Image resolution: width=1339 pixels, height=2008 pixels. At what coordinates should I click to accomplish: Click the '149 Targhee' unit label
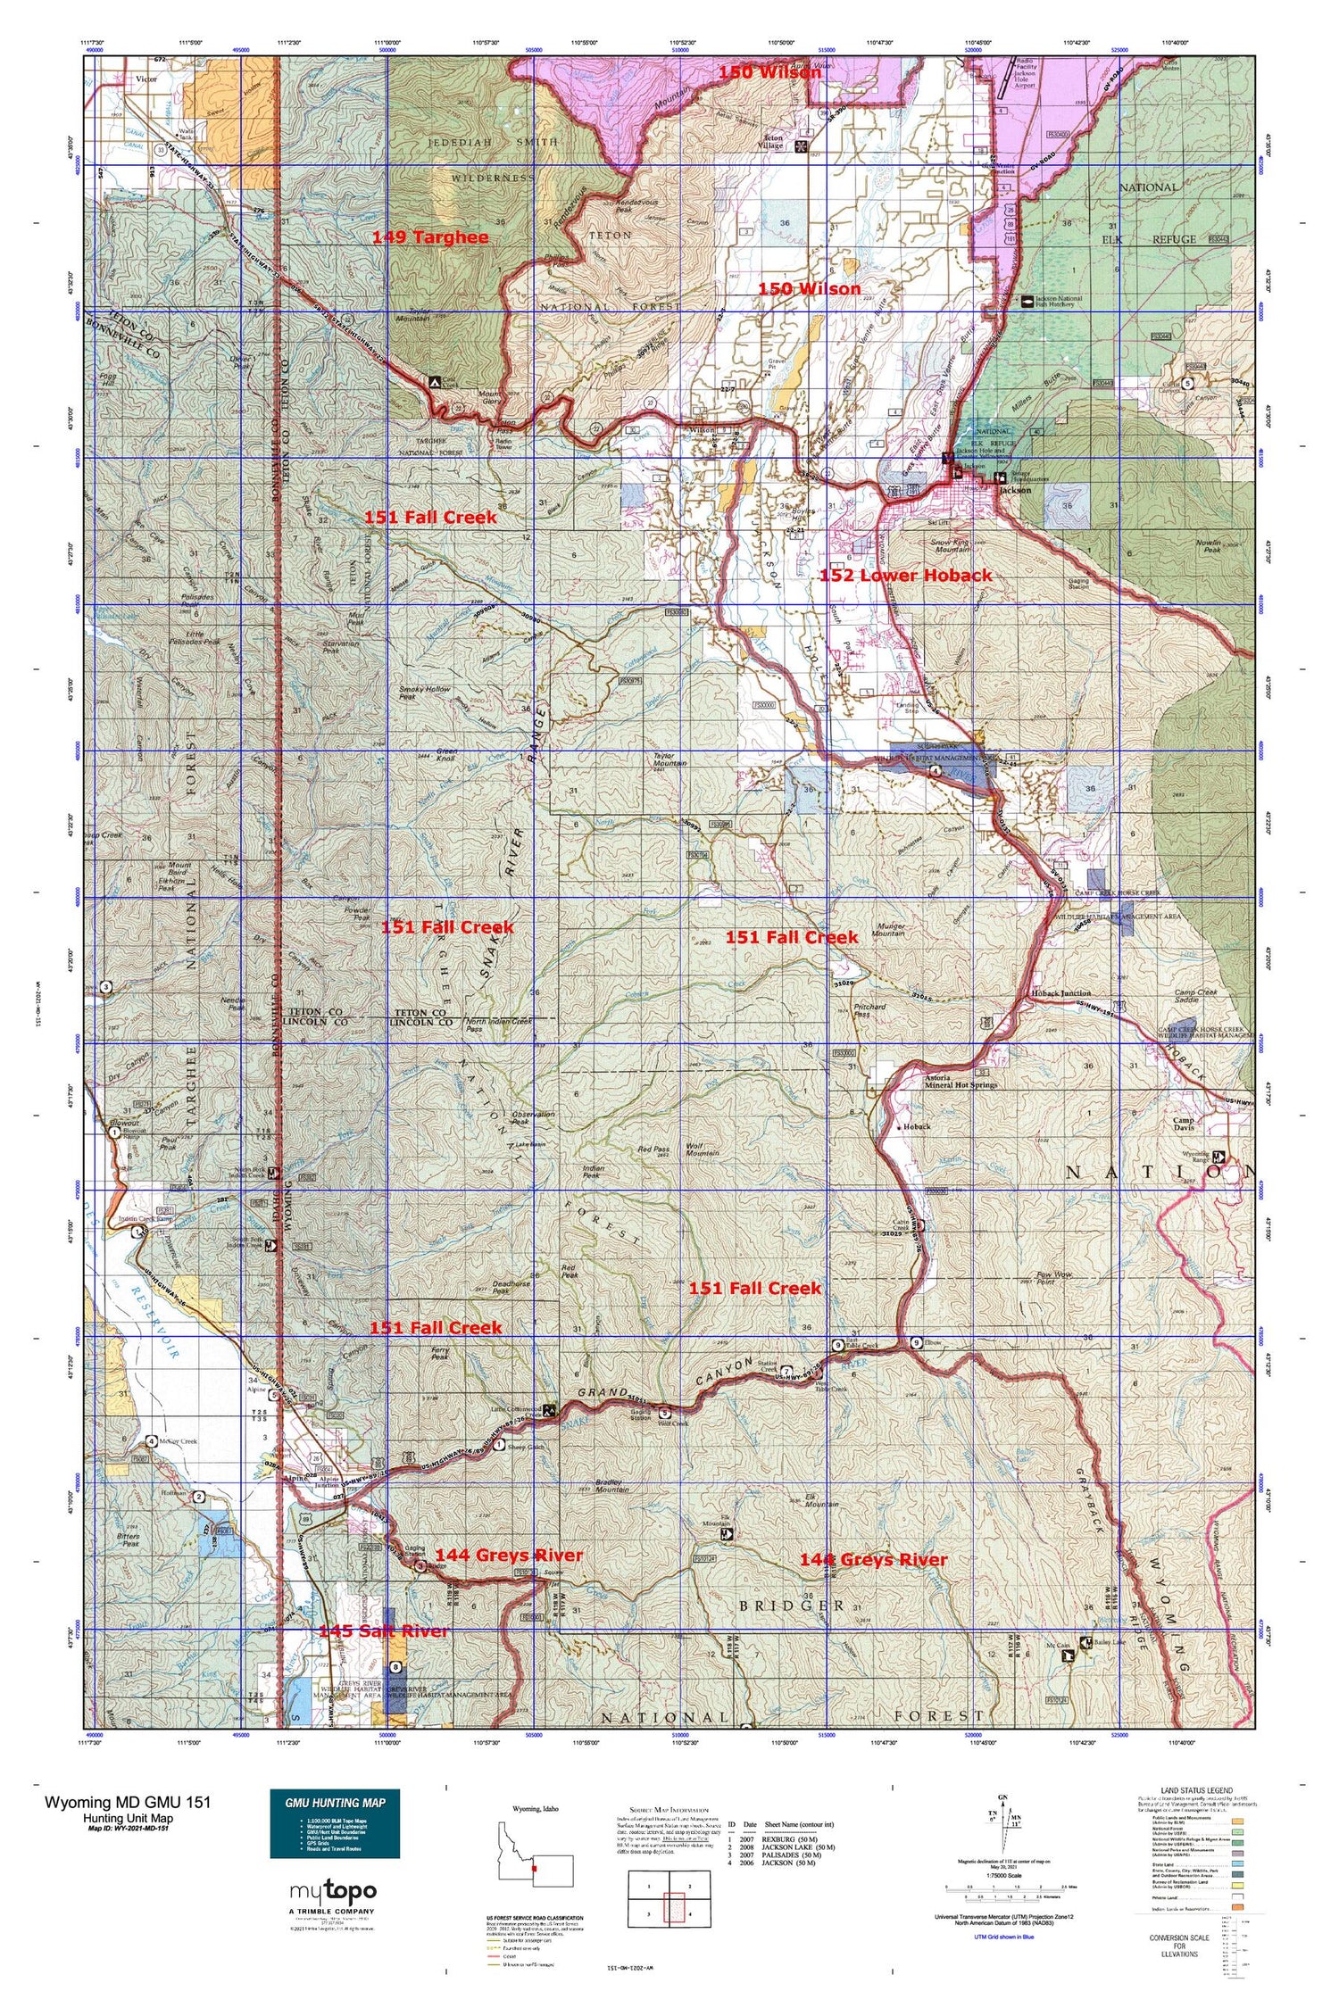click(430, 237)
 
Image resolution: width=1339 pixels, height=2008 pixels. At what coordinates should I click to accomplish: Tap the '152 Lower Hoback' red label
click(905, 576)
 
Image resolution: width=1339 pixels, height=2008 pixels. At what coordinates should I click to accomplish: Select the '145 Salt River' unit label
click(383, 1630)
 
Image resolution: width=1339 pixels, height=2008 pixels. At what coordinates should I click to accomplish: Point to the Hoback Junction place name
click(1060, 992)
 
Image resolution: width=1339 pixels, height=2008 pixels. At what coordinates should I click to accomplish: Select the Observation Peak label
click(534, 1117)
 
